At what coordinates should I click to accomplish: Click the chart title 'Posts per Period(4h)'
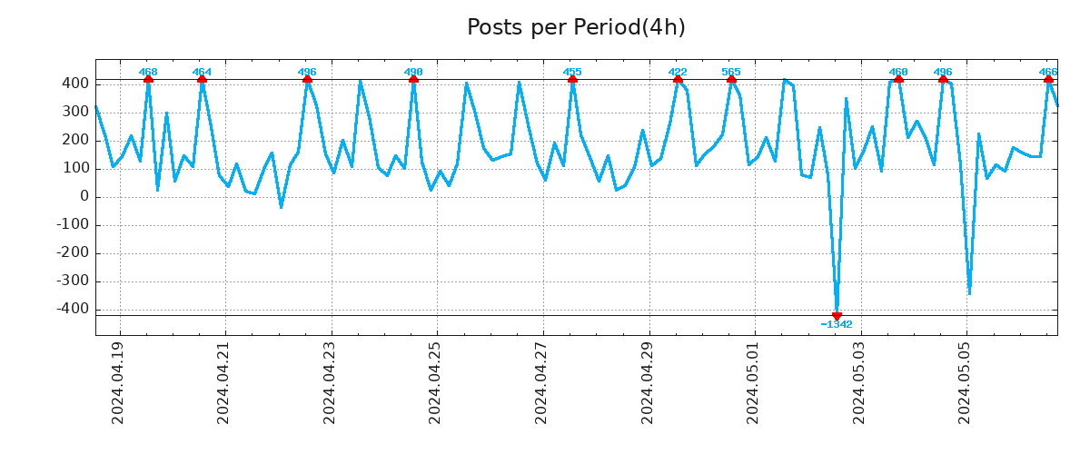pyautogui.click(x=576, y=27)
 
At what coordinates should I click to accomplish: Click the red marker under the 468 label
pyautogui.click(x=148, y=80)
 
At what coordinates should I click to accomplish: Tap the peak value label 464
pyautogui.click(x=202, y=72)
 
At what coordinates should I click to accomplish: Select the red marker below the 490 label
pyautogui.click(x=413, y=80)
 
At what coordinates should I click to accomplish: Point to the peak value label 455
pyautogui.click(x=572, y=72)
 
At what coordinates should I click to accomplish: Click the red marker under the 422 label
pyautogui.click(x=678, y=80)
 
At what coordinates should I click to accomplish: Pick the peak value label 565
pyautogui.click(x=731, y=72)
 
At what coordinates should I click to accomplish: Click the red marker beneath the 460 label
pyautogui.click(x=898, y=80)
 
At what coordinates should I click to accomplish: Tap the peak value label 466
pyautogui.click(x=1048, y=72)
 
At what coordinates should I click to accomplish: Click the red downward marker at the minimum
pyautogui.click(x=837, y=316)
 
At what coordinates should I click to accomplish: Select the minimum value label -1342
pyautogui.click(x=837, y=325)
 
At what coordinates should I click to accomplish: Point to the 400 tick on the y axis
pyautogui.click(x=75, y=84)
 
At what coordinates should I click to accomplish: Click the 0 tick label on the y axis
pyautogui.click(x=84, y=196)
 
